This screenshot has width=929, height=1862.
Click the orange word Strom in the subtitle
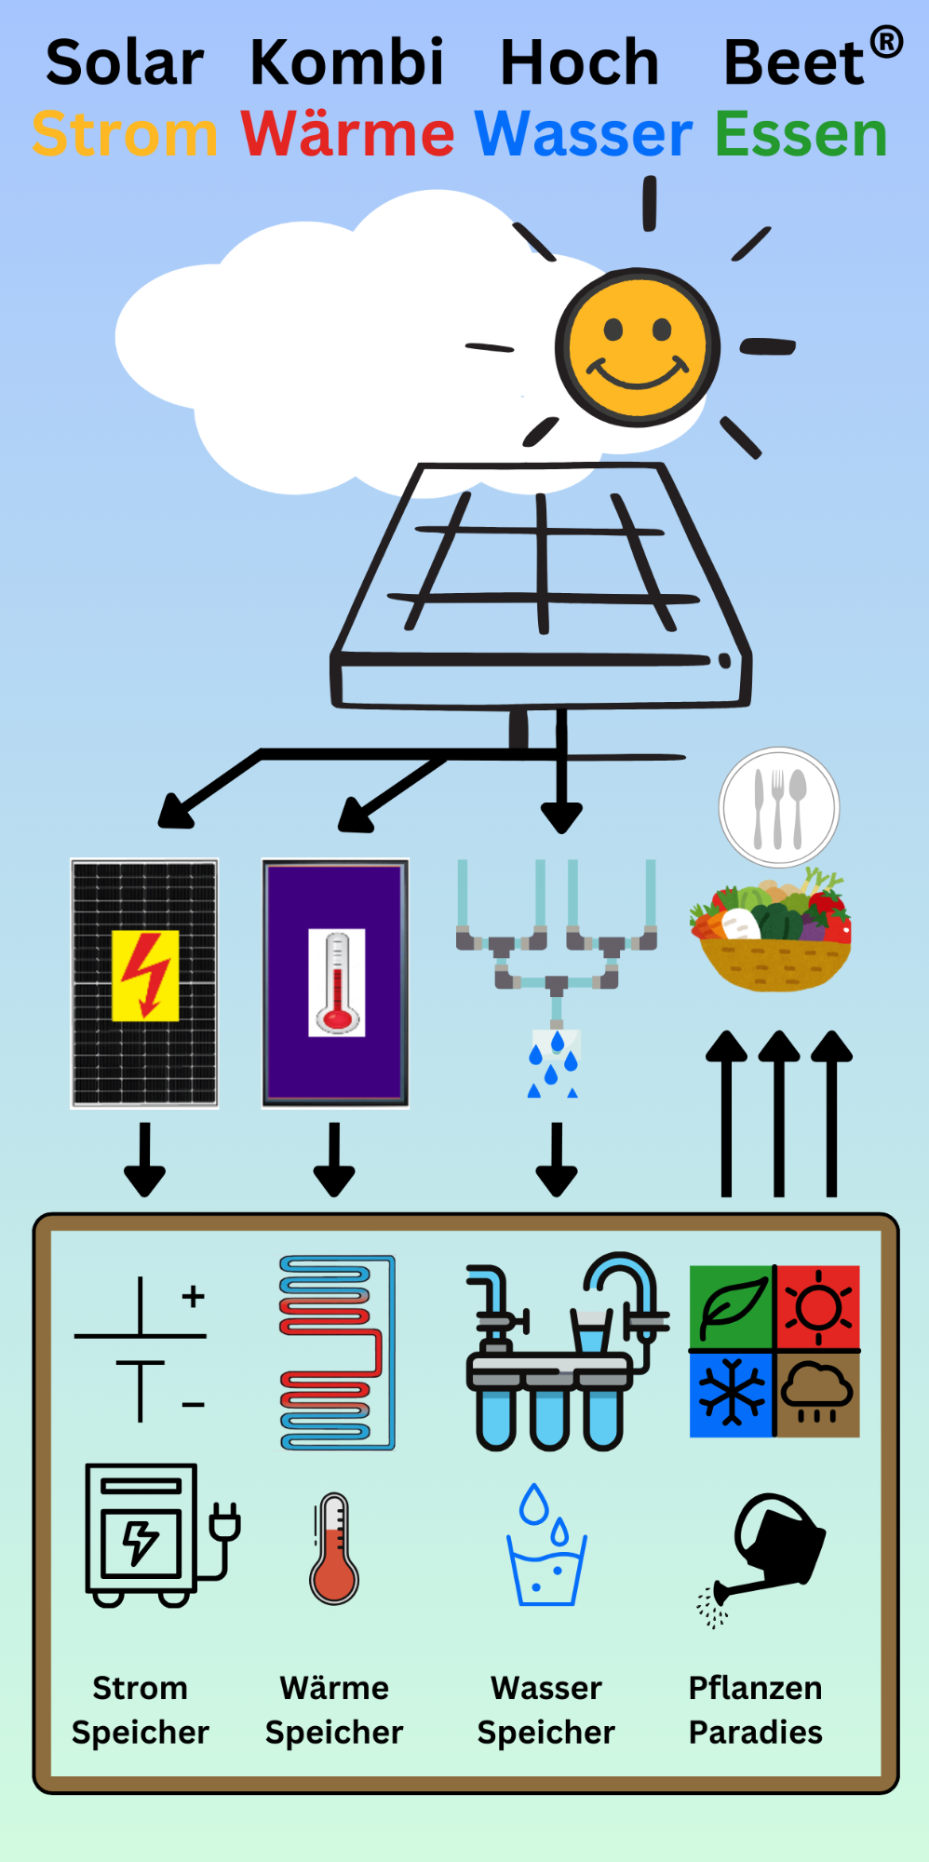pos(125,134)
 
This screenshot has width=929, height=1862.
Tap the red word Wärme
pos(347,134)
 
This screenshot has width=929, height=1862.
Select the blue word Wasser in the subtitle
pos(584,134)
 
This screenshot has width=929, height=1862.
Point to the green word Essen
pos(801,134)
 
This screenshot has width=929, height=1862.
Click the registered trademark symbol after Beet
pos(886,42)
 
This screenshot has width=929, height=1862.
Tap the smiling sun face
pos(638,347)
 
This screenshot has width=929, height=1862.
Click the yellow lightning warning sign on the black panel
pos(145,976)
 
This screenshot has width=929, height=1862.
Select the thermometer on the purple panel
pos(337,983)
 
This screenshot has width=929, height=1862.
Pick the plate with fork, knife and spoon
pos(779,808)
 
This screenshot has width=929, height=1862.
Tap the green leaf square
pos(732,1307)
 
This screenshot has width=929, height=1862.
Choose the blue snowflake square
pos(732,1395)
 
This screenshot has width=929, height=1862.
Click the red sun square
pos(818,1307)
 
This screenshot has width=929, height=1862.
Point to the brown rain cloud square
pos(818,1395)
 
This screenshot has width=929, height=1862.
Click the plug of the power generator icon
pos(226,1524)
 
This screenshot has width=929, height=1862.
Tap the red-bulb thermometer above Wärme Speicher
pos(334,1549)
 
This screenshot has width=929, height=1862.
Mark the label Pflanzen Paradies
pos(755,1709)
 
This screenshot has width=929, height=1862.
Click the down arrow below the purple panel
pos(334,1161)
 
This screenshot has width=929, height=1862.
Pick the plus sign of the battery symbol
pos(193,1296)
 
